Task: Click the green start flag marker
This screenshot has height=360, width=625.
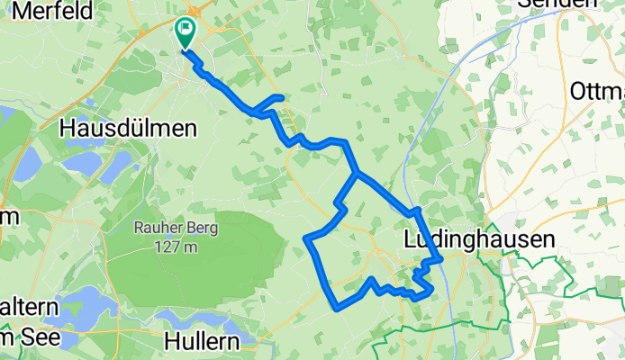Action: click(x=186, y=32)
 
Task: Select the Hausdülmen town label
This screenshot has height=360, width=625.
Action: click(x=127, y=129)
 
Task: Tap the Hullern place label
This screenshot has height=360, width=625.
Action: click(x=203, y=341)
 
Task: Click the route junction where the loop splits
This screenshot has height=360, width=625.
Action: click(x=358, y=173)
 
